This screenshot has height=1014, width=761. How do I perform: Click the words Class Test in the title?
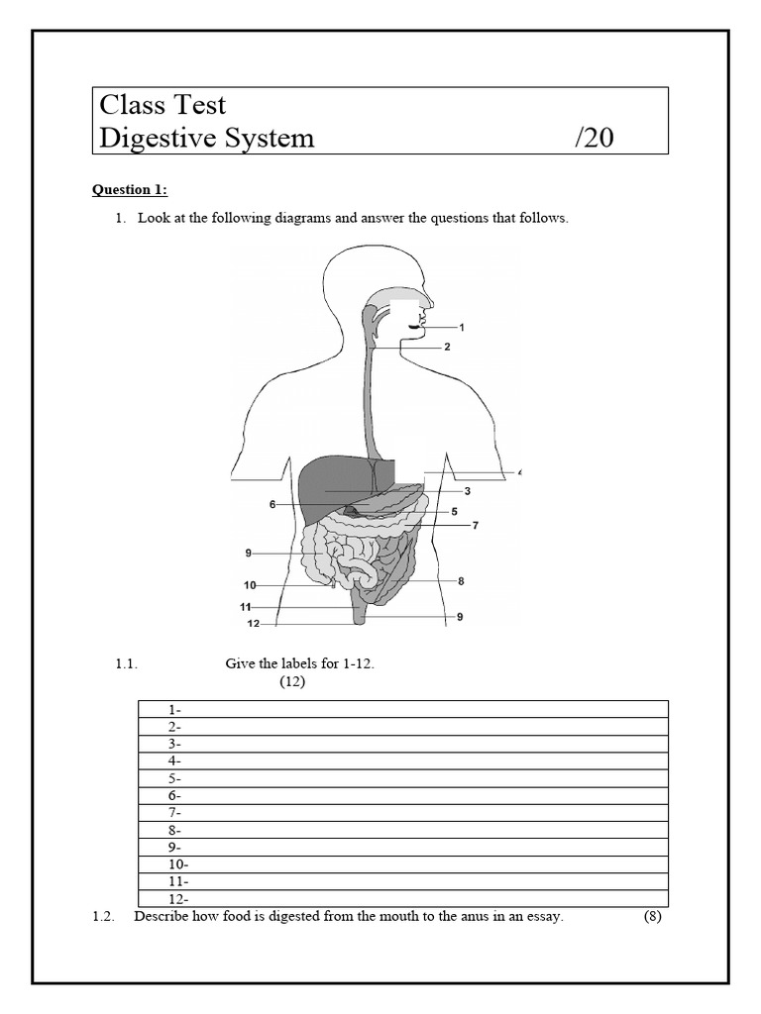tap(163, 104)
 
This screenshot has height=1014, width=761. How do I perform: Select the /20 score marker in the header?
tap(594, 138)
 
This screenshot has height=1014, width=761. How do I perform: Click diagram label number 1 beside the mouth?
tap(462, 327)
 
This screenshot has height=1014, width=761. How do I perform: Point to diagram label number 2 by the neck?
tap(447, 347)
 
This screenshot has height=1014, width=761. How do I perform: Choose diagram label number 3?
tap(467, 491)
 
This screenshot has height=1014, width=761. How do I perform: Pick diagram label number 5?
tap(454, 512)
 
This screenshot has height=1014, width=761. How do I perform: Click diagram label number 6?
tap(272, 505)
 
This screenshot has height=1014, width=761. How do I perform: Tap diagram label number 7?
tap(476, 525)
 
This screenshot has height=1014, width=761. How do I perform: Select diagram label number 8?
tap(461, 581)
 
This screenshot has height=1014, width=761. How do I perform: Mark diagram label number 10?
tap(250, 585)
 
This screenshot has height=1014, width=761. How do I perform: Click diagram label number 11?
tap(245, 606)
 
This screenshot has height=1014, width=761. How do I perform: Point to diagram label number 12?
tap(253, 624)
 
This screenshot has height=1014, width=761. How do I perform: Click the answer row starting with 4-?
tap(401, 760)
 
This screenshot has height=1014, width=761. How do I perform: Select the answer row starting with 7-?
tap(401, 813)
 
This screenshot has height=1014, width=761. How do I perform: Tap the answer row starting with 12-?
tap(401, 899)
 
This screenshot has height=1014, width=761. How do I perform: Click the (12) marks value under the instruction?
tap(291, 682)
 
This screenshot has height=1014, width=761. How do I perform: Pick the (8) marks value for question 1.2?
tap(652, 917)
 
